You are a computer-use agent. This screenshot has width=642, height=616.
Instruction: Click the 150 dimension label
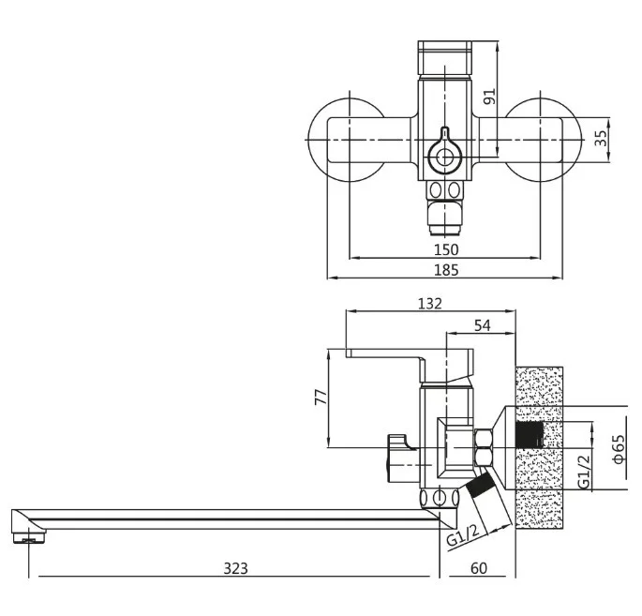446,249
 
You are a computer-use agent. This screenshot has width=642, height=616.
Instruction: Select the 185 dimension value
446,270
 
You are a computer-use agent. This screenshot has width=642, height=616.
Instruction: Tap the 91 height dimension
489,97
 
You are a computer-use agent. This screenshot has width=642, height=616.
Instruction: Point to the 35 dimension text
600,139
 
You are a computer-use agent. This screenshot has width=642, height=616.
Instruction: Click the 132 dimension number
430,304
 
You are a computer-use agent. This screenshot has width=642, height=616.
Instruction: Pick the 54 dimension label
482,325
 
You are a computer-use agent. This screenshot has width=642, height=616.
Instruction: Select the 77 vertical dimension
321,397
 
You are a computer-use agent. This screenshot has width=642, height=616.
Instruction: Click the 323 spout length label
236,568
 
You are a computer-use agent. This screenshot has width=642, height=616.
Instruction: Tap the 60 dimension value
479,568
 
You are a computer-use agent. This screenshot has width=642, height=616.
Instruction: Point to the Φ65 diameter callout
619,449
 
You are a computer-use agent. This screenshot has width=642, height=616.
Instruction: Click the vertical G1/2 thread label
584,472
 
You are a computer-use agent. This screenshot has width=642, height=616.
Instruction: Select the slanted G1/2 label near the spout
463,535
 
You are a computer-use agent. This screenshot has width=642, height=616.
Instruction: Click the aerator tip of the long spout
29,536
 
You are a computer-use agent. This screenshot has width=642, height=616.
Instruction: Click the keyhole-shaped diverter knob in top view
444,153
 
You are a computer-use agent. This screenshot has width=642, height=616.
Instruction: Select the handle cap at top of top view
444,58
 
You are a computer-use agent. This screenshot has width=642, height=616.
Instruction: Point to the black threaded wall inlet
530,434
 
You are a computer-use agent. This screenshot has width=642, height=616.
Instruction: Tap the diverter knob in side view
398,458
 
